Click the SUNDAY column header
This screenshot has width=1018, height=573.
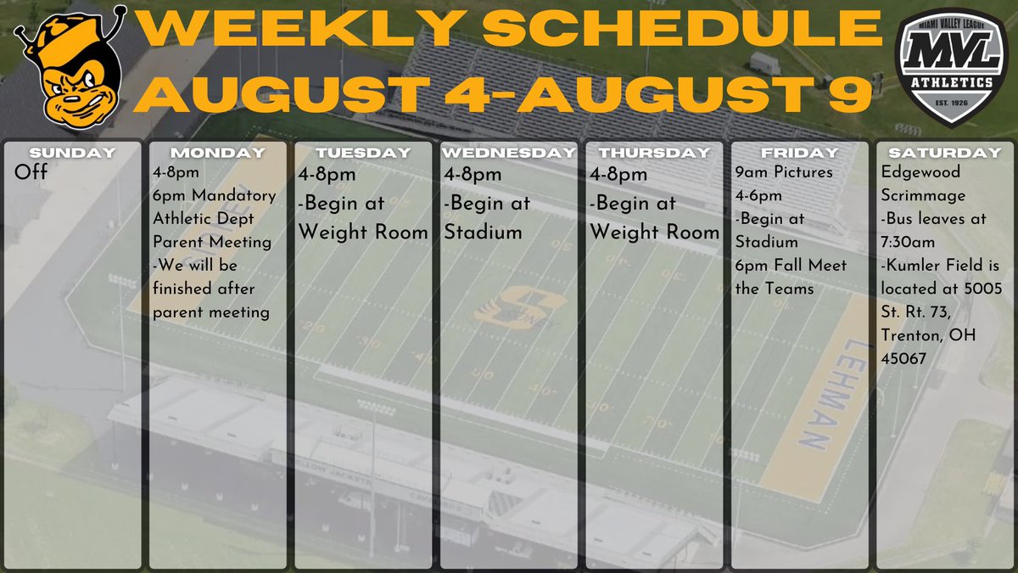pos(72,153)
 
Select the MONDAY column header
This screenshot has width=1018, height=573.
pos(218,153)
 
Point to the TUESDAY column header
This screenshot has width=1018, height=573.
pos(363,153)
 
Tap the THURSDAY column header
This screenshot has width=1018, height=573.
pos(654,153)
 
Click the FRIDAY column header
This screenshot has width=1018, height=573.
pos(799,153)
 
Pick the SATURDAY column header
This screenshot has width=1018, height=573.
pos(944,153)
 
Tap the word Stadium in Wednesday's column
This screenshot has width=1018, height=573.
pos(483,232)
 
